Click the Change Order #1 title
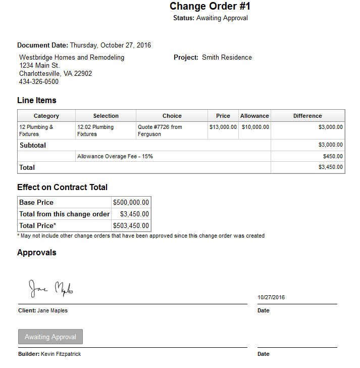click(210, 7)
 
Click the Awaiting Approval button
click(50, 337)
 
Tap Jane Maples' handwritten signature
click(51, 289)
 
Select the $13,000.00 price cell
click(223, 127)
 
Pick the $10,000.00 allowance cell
click(255, 127)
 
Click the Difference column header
click(307, 116)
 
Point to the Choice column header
click(172, 116)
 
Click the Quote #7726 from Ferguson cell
click(160, 130)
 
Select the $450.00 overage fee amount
click(333, 157)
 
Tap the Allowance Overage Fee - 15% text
click(115, 157)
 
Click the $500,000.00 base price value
click(131, 202)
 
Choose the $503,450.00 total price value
click(131, 225)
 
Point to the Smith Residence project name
click(227, 58)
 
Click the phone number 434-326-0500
click(39, 82)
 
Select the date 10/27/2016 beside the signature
click(271, 297)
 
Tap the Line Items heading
click(37, 100)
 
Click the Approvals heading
click(37, 252)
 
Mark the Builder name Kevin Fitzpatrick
click(61, 354)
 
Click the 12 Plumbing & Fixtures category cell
click(36, 130)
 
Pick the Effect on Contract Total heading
click(62, 187)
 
